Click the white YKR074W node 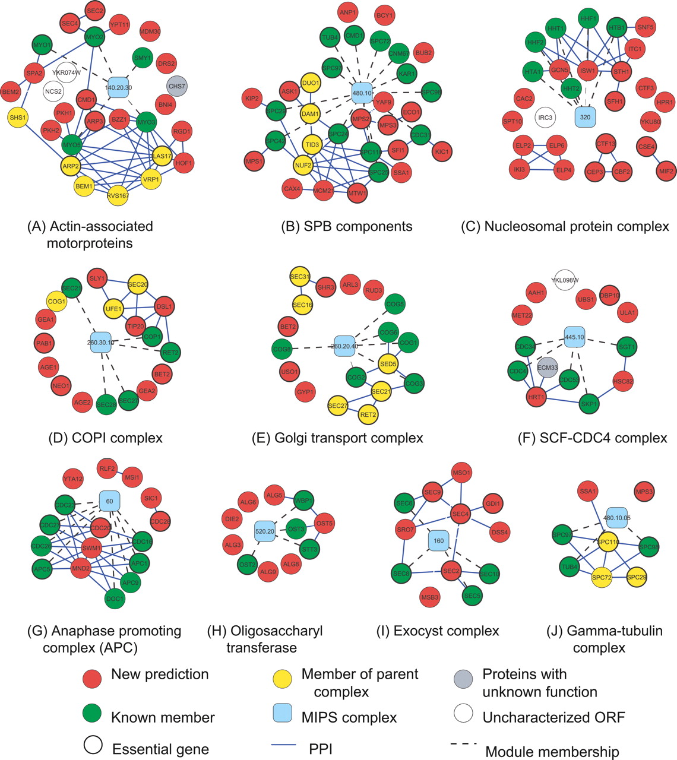pyautogui.click(x=67, y=74)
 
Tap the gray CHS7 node pyautogui.click(x=177, y=86)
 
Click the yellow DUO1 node pyautogui.click(x=311, y=83)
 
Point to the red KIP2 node pyautogui.click(x=252, y=98)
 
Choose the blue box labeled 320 pyautogui.click(x=585, y=117)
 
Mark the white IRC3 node pyautogui.click(x=545, y=118)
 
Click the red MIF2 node pyautogui.click(x=666, y=172)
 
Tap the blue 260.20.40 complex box pyautogui.click(x=345, y=346)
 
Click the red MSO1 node pyautogui.click(x=461, y=473)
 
